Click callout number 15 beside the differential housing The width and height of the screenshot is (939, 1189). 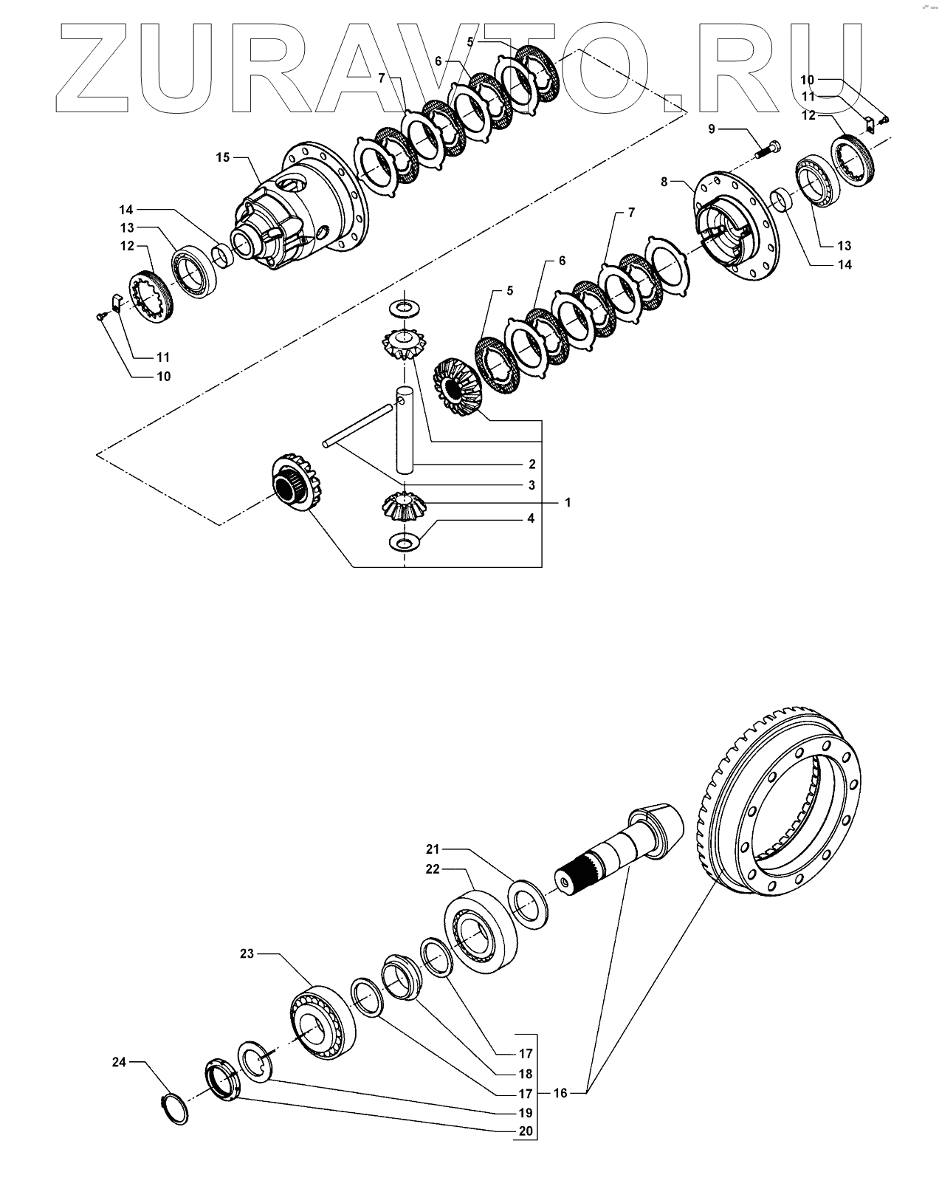(x=223, y=157)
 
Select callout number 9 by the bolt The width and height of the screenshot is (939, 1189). (x=712, y=129)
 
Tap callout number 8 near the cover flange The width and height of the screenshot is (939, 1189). (x=664, y=181)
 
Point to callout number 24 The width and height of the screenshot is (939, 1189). (x=119, y=1062)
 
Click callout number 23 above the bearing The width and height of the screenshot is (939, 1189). (x=247, y=953)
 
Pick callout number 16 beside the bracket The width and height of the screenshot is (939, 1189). (x=560, y=1093)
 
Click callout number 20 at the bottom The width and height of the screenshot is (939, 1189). (x=525, y=1131)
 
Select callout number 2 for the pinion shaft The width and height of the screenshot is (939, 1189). (x=532, y=465)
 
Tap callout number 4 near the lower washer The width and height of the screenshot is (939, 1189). (x=530, y=519)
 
